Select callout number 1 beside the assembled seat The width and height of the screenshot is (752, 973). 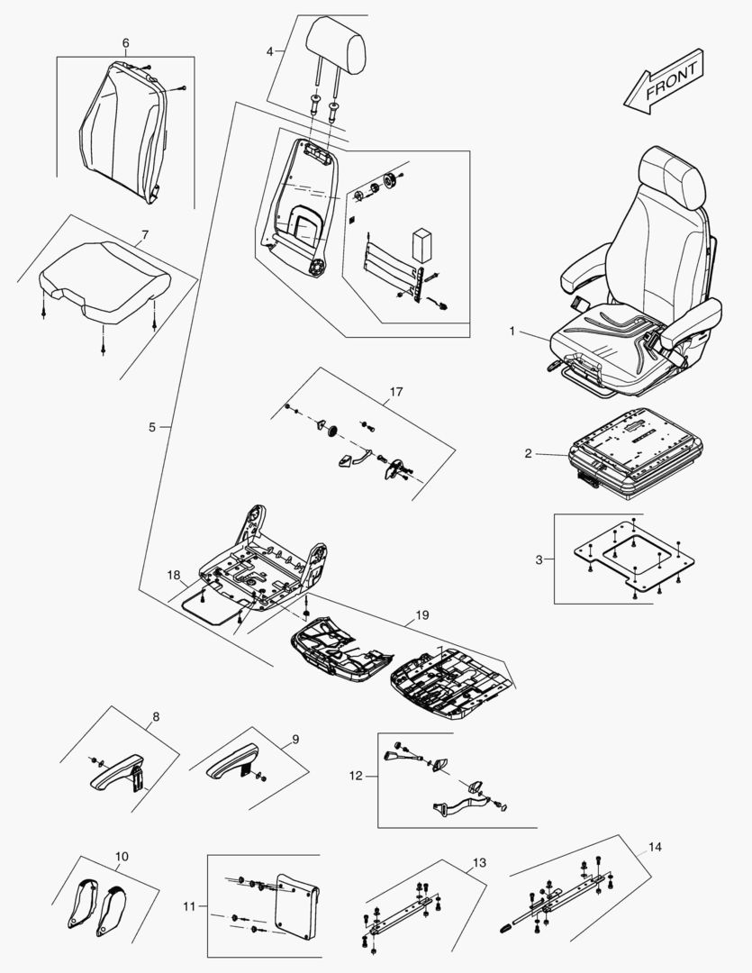point(512,332)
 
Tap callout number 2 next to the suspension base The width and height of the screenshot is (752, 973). point(529,453)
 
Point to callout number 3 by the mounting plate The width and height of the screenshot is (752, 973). point(539,559)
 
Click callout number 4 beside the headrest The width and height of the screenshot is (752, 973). point(270,52)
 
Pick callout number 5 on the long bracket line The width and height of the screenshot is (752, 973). point(152,426)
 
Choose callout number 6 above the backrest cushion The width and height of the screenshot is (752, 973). point(125,43)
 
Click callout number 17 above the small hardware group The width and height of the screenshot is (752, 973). point(396,392)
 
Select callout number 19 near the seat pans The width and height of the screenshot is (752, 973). point(422,615)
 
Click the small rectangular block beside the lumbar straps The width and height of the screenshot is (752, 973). point(421,242)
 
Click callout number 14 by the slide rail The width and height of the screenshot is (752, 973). point(654,848)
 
